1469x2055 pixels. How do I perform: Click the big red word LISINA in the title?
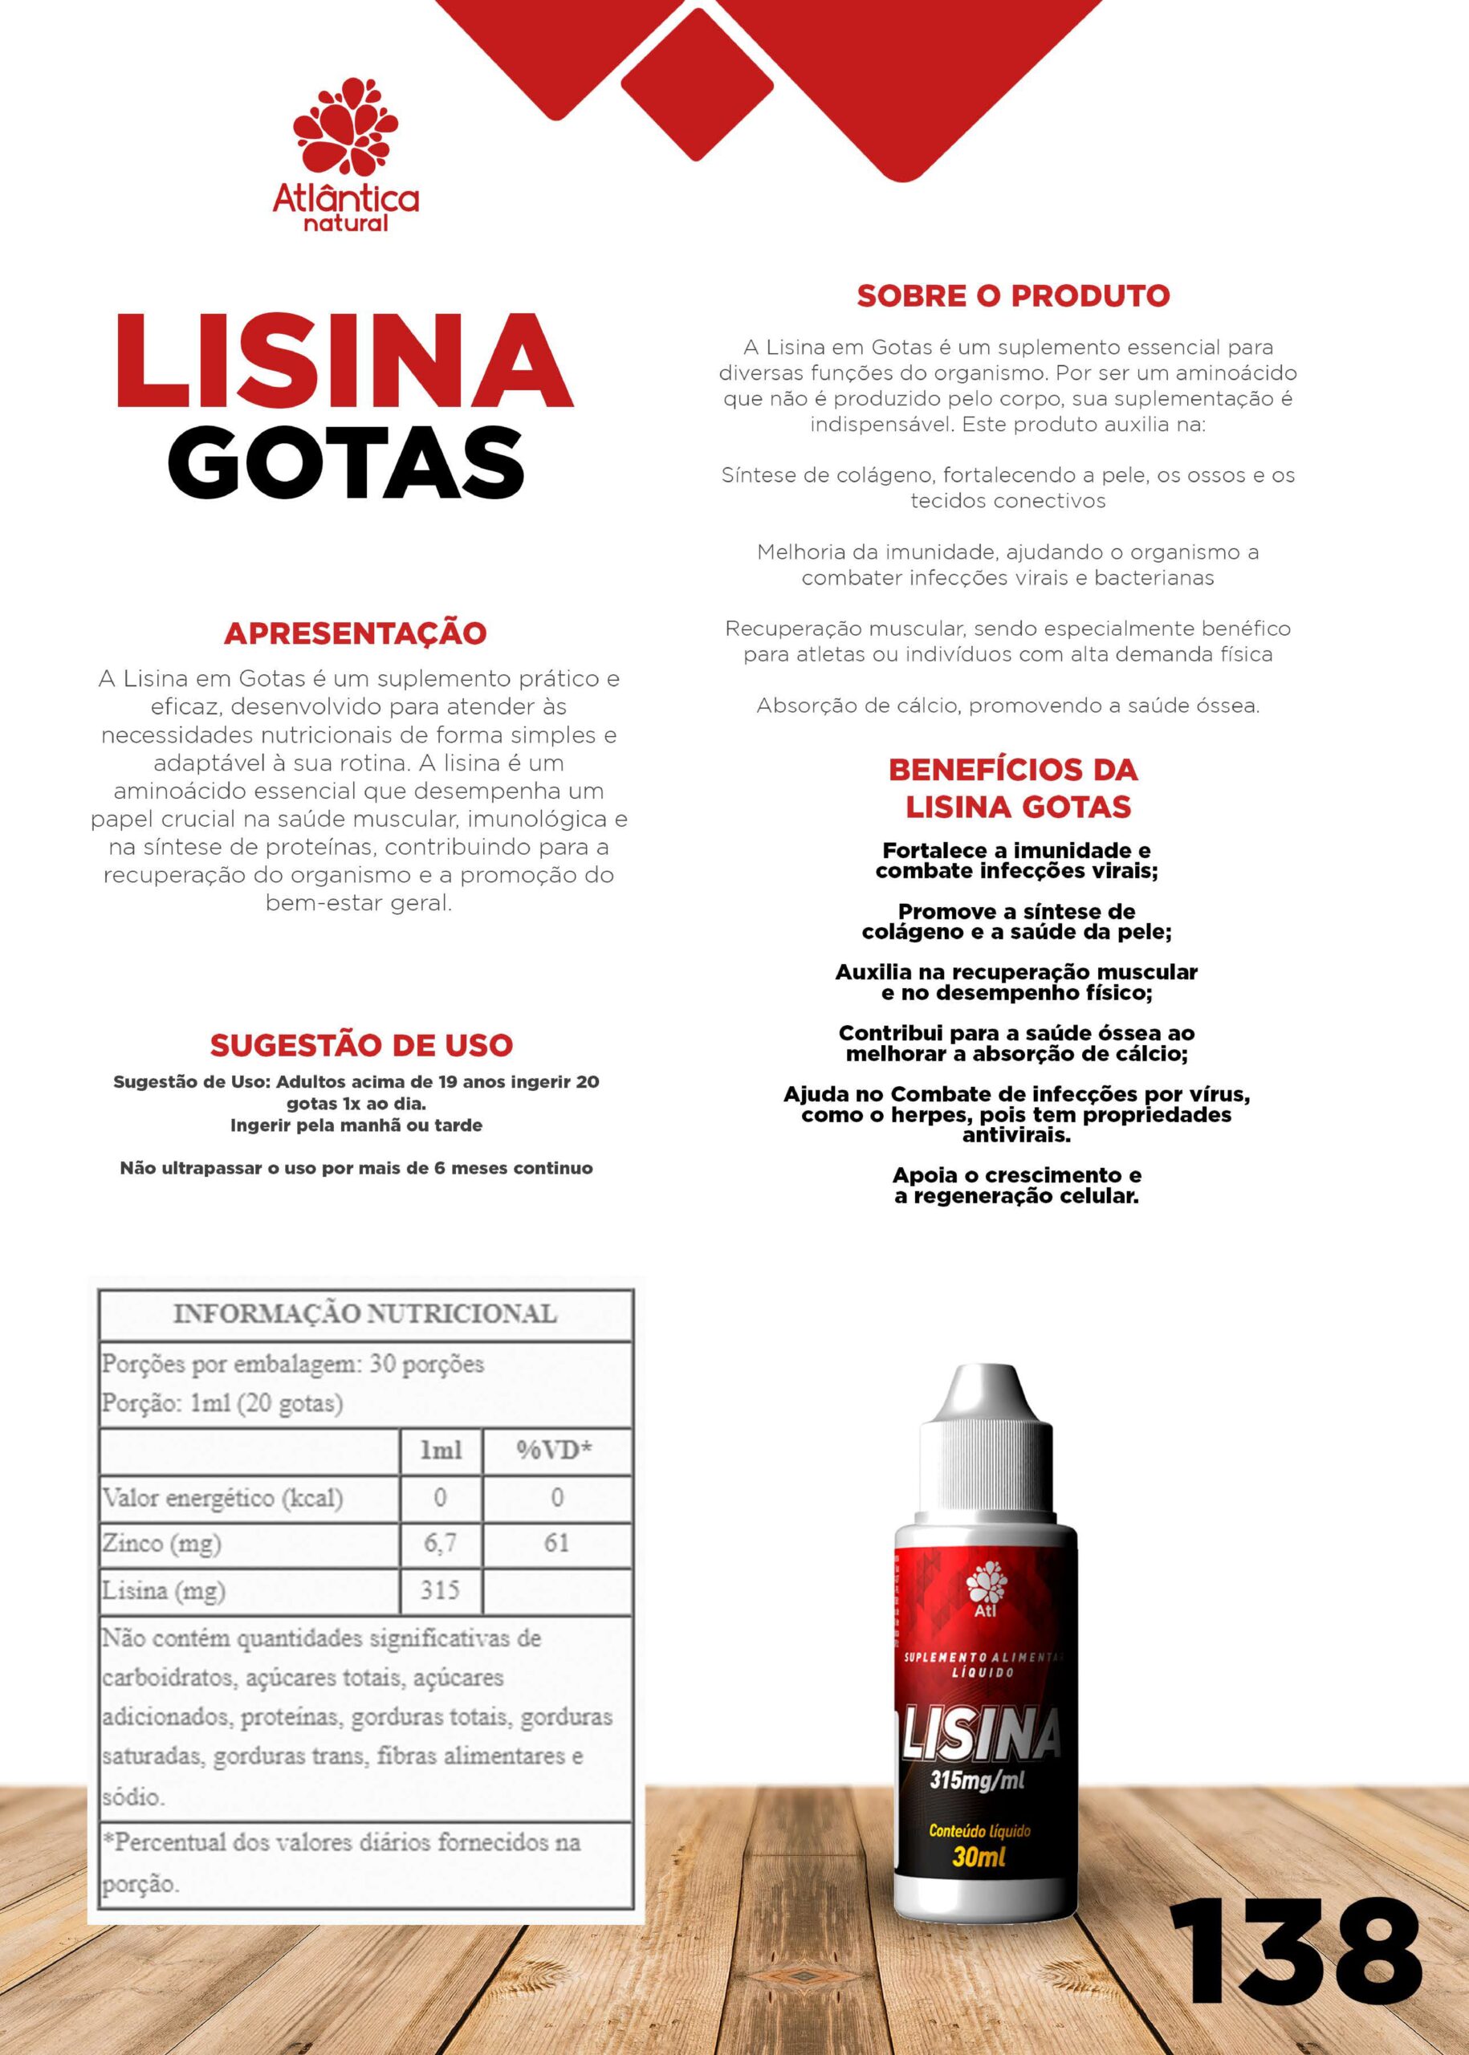[344, 362]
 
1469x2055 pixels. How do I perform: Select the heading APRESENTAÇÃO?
[355, 633]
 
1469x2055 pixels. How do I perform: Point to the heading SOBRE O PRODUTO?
[1013, 295]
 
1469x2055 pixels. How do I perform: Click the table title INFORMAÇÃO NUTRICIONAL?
[364, 1313]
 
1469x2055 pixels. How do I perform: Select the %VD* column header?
[555, 1450]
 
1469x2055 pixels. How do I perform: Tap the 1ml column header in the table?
[441, 1450]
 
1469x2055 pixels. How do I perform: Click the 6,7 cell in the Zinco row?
[441, 1543]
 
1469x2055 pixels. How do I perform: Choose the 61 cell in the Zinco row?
[556, 1543]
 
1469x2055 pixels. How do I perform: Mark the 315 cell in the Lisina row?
[441, 1589]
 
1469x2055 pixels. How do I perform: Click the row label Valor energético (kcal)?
[222, 1497]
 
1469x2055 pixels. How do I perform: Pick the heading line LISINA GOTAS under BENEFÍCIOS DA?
[1019, 806]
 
